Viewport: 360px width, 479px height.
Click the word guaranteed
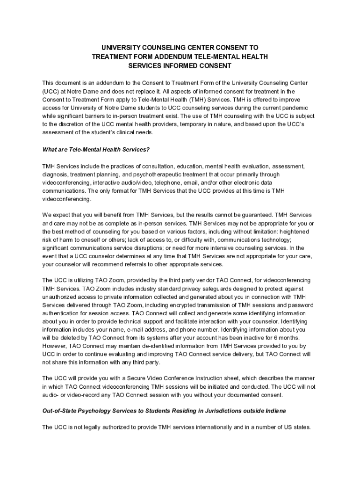tap(253, 215)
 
